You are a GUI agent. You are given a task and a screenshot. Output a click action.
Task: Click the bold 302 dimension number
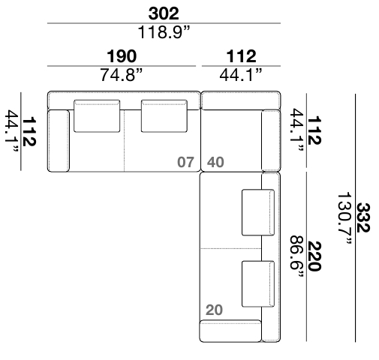click(164, 13)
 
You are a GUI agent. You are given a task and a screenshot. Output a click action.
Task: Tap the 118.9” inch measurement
click(164, 32)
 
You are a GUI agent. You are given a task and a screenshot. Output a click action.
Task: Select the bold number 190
click(122, 56)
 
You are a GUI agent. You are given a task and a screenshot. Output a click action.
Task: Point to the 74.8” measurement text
click(122, 74)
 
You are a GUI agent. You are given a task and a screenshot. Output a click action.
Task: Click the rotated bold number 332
click(363, 217)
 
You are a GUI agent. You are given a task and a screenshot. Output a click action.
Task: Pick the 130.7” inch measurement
click(345, 218)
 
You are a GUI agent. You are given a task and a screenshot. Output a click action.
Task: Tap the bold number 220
click(314, 256)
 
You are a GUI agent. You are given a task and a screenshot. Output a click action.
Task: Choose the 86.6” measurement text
click(296, 256)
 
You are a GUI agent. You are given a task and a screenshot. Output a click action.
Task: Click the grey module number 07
click(185, 162)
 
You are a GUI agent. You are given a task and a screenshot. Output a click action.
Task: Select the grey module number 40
click(215, 162)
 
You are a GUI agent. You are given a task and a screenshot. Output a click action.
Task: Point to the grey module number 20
click(214, 310)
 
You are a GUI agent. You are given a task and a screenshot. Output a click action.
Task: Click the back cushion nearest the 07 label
click(164, 116)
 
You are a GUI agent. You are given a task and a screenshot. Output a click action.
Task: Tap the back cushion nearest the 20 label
click(258, 284)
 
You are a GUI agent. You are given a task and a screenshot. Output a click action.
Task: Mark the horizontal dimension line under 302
click(164, 23)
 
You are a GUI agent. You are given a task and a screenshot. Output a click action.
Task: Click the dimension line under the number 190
click(122, 66)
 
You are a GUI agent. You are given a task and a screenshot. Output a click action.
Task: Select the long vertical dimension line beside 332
click(355, 217)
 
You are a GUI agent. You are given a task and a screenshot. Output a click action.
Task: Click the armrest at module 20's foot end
click(230, 331)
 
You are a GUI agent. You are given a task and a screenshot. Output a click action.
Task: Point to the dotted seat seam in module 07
click(125, 140)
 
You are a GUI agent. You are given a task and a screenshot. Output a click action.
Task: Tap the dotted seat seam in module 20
click(231, 248)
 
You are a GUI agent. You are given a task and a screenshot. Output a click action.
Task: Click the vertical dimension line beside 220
click(306, 256)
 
